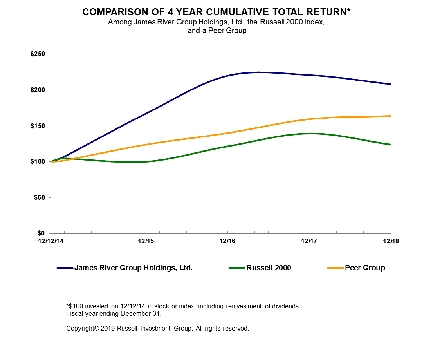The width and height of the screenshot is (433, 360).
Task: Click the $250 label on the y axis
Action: click(x=38, y=54)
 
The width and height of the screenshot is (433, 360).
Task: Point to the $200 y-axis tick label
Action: click(x=38, y=90)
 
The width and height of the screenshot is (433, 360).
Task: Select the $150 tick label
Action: click(x=38, y=126)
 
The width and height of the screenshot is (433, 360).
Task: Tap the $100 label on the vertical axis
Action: click(x=38, y=161)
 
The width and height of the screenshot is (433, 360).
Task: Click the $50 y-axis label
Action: click(x=40, y=197)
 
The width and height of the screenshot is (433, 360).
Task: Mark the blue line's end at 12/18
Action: click(x=390, y=84)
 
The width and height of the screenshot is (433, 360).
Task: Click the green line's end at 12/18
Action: click(x=390, y=145)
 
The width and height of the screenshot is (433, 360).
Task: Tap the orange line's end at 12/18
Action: click(x=390, y=116)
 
